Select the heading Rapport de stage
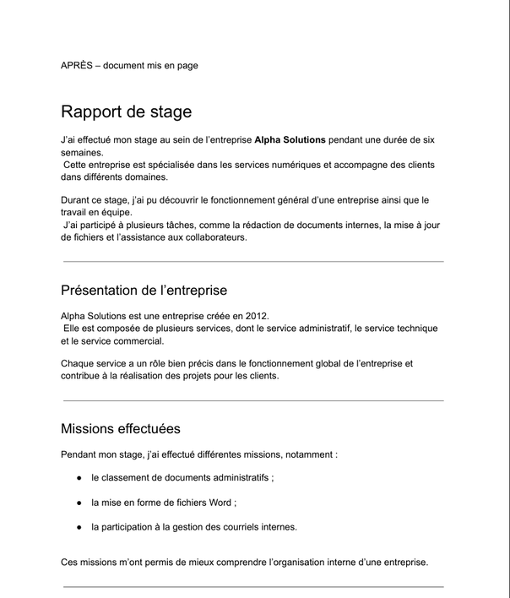coord(126,111)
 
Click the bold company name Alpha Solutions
coord(290,139)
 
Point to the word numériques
coord(292,165)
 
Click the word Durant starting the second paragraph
coord(76,200)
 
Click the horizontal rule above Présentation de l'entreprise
coord(253,262)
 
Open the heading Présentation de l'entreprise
coord(144,291)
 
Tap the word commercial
coord(135,341)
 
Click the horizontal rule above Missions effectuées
coord(253,400)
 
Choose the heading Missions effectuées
coord(120,429)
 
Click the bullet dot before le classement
coord(79,477)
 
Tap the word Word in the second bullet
coord(215,502)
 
